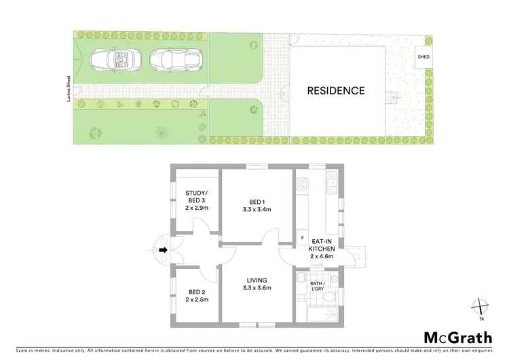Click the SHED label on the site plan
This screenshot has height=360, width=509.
click(423, 57)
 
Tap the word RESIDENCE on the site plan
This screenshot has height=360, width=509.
click(336, 90)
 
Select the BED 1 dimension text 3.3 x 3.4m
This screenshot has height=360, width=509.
click(256, 210)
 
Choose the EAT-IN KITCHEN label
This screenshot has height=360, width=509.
click(321, 249)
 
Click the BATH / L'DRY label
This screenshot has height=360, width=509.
click(318, 285)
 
